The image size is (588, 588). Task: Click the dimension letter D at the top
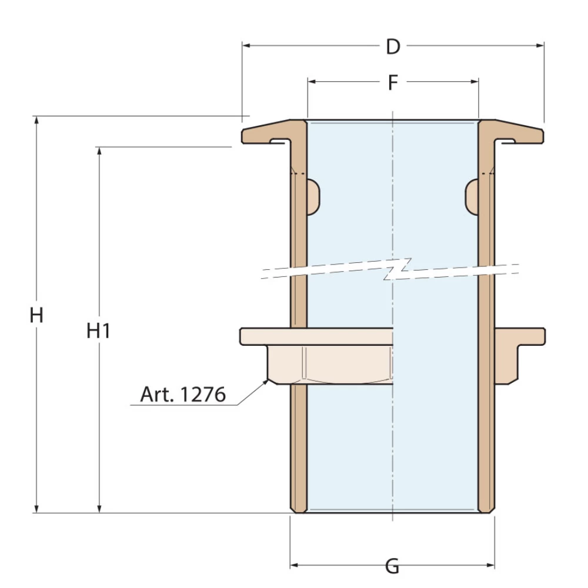[x=393, y=46]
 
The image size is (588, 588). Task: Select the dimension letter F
[x=393, y=83]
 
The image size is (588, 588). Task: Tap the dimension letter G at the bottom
[x=392, y=567]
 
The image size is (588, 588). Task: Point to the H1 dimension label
[x=99, y=332]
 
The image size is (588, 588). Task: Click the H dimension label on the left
[x=37, y=316]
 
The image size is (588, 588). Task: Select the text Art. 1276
[x=183, y=395]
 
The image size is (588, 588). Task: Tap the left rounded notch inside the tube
[x=314, y=196]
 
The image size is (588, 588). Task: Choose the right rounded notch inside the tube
[x=472, y=196]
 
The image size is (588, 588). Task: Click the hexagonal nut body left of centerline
[x=329, y=365]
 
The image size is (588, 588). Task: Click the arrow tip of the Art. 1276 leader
[x=266, y=380]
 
